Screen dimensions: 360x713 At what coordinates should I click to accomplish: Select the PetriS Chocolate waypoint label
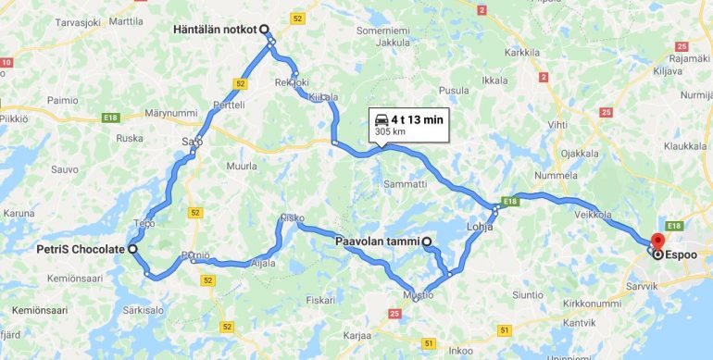[x=80, y=249]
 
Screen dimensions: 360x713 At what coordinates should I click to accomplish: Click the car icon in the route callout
[x=381, y=120]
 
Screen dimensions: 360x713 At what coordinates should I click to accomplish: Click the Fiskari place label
[x=319, y=300]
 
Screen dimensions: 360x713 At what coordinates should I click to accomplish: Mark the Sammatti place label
[x=406, y=185]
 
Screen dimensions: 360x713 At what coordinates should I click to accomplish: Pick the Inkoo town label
[x=460, y=350]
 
